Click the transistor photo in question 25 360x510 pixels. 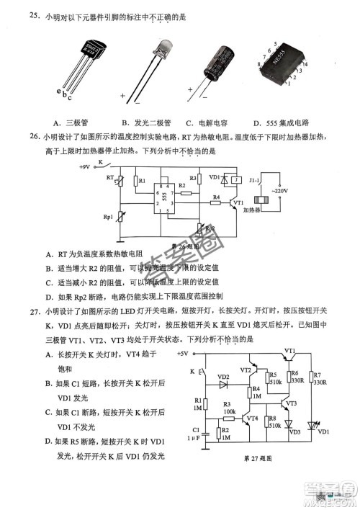[79, 65]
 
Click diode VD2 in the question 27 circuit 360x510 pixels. [223, 377]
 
